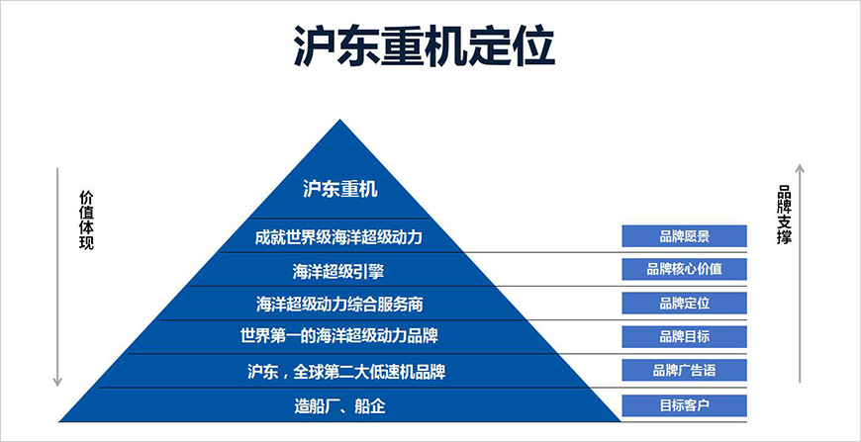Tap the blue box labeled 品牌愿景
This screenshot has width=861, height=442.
684,236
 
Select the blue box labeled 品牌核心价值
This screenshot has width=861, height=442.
684,269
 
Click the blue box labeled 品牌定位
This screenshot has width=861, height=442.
684,303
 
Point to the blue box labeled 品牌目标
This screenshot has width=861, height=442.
684,336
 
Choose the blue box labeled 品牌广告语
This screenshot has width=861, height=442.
684,371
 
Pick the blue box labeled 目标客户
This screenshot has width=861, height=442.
684,404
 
